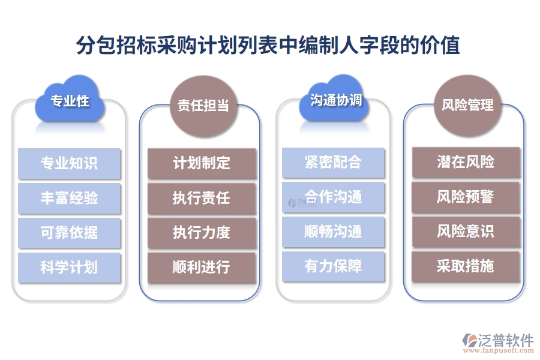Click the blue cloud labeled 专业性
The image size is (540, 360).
coord(70,101)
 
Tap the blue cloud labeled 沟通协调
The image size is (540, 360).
coord(335,100)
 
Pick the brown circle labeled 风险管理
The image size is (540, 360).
coord(467,106)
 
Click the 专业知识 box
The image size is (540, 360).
coord(69,163)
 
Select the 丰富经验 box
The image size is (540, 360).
coord(69,198)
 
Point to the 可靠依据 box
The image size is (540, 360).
coord(69,233)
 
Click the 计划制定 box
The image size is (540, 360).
coord(202,163)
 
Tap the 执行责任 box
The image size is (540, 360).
coord(202,198)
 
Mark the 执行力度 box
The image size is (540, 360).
coord(202,233)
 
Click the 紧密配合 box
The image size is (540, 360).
coord(333,163)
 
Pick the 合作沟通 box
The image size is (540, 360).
coord(333,197)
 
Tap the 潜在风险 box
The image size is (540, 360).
coord(466,162)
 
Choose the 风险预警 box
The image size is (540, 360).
coord(466,197)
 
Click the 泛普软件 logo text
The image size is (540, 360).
coord(505,340)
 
